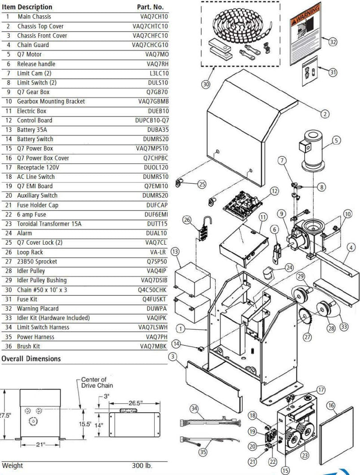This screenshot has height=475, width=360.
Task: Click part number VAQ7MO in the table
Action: click(156, 54)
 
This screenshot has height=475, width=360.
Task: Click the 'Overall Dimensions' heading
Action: click(31, 358)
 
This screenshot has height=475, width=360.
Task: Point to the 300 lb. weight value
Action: click(142, 466)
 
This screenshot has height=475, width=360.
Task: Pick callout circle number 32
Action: click(332, 42)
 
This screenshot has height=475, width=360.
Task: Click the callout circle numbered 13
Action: click(176, 252)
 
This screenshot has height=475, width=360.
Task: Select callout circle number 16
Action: click(331, 406)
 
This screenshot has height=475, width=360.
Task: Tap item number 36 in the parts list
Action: click(7, 346)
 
